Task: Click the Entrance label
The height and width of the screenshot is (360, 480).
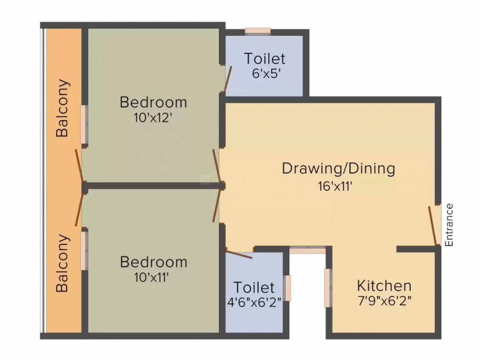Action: (x=449, y=225)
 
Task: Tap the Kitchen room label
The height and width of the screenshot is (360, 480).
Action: (x=384, y=285)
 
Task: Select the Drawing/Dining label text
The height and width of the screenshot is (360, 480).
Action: (x=338, y=168)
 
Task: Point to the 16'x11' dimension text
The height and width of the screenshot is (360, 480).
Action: (x=335, y=186)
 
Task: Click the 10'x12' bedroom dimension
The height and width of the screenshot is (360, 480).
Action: (x=153, y=118)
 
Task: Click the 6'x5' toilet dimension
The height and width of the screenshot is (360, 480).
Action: (x=264, y=74)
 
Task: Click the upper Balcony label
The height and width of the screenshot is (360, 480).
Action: (x=62, y=108)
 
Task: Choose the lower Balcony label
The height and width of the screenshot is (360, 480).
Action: (x=62, y=263)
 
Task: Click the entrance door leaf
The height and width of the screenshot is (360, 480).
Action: (x=433, y=225)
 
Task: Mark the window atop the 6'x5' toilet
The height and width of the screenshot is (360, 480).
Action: (x=258, y=31)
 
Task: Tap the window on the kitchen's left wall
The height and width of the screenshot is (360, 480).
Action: (x=329, y=288)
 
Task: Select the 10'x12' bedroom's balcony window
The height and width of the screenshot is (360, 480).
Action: (x=83, y=124)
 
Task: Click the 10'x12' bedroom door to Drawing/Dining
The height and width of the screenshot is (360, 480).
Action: (x=216, y=166)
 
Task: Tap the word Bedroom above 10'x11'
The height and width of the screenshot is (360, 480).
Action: (x=153, y=262)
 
